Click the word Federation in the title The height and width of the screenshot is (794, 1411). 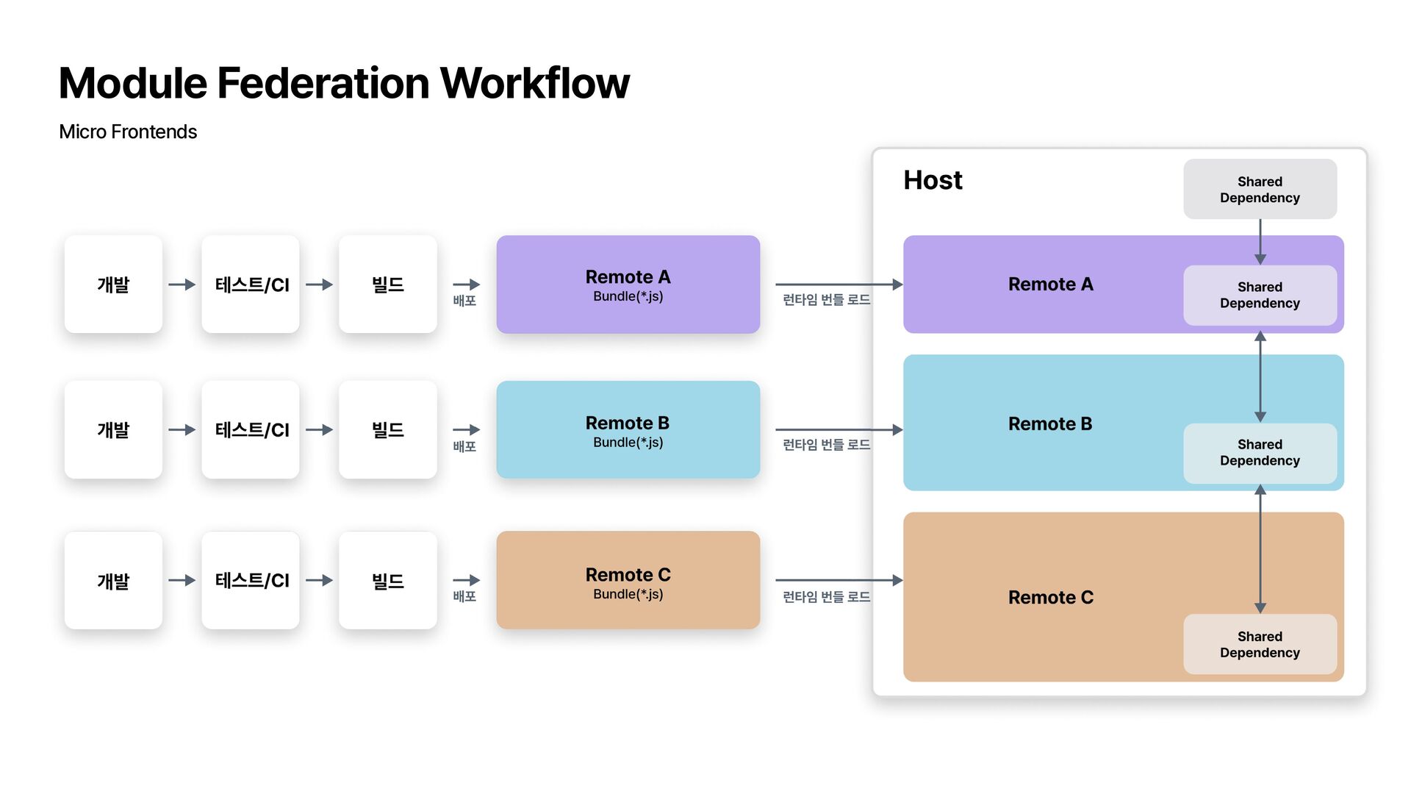pyautogui.click(x=324, y=82)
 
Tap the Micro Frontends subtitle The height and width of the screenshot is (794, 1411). pyautogui.click(x=128, y=132)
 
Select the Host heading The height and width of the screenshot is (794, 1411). pyautogui.click(x=933, y=180)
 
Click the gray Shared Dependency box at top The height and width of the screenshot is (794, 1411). pyautogui.click(x=1260, y=189)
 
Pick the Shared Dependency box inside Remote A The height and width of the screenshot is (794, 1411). pyautogui.click(x=1260, y=295)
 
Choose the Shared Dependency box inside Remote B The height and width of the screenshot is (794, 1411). pyautogui.click(x=1260, y=453)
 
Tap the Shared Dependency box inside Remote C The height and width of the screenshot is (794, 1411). pyautogui.click(x=1260, y=644)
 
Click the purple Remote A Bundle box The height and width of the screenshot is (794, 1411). pyautogui.click(x=628, y=285)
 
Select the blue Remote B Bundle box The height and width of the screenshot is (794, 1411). pyautogui.click(x=628, y=429)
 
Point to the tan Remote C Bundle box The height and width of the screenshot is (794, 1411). pyautogui.click(x=628, y=580)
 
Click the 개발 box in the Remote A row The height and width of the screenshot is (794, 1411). pyautogui.click(x=113, y=285)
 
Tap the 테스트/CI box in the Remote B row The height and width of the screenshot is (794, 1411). pyautogui.click(x=251, y=429)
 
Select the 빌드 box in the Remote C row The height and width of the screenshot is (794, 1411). pyautogui.click(x=388, y=580)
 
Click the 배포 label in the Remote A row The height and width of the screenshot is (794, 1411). pyautogui.click(x=464, y=301)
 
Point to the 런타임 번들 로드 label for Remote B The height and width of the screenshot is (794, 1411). pyautogui.click(x=826, y=445)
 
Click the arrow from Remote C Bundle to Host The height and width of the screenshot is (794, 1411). pyautogui.click(x=839, y=580)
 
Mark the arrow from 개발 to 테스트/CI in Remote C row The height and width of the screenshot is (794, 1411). pyautogui.click(x=182, y=580)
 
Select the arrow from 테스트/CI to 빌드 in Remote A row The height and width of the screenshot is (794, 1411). pyautogui.click(x=320, y=285)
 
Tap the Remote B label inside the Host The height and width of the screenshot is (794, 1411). pyautogui.click(x=1050, y=424)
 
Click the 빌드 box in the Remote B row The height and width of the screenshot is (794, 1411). pyautogui.click(x=388, y=429)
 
